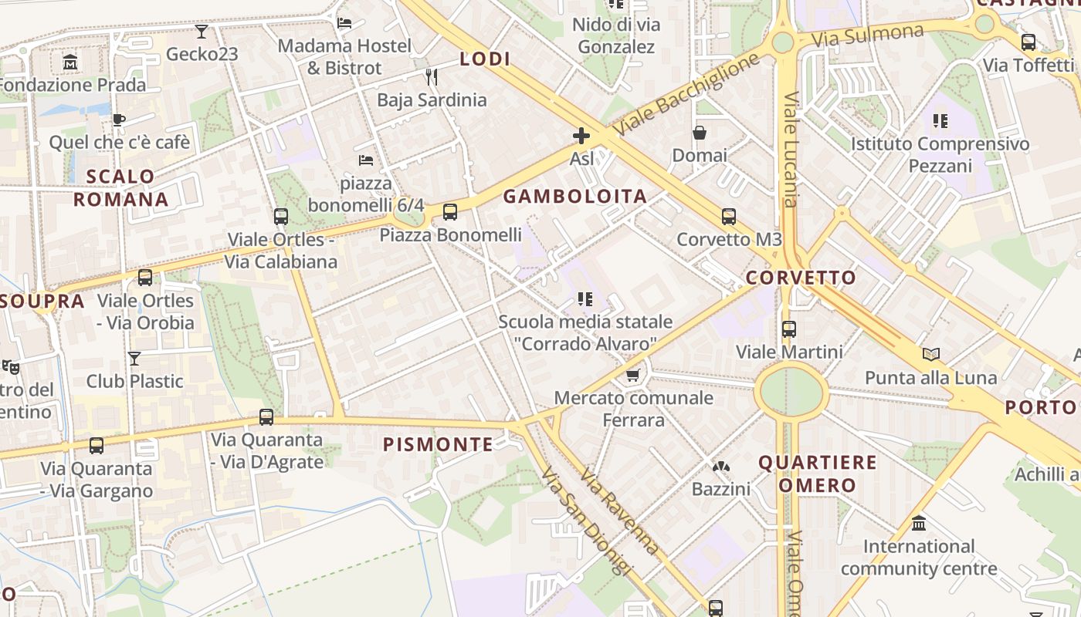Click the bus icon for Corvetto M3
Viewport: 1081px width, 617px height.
click(x=729, y=217)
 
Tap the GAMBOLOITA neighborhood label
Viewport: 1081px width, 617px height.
click(x=575, y=197)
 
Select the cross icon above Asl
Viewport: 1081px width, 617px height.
click(x=581, y=137)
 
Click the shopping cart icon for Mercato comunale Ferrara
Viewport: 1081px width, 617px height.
click(x=633, y=376)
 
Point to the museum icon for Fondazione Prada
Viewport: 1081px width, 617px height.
click(x=71, y=62)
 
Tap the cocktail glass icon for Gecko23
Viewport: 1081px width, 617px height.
click(x=202, y=32)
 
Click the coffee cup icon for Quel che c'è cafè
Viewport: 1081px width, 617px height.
click(x=118, y=120)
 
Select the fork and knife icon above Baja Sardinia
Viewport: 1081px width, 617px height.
click(x=432, y=77)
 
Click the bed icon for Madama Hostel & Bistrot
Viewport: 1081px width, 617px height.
click(x=344, y=23)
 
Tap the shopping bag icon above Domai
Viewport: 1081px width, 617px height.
click(x=700, y=133)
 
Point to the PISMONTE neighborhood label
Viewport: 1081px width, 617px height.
click(x=438, y=444)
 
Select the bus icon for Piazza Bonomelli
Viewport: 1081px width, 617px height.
click(x=450, y=212)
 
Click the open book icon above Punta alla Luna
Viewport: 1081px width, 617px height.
click(x=931, y=355)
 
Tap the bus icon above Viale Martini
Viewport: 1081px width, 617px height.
click(x=789, y=329)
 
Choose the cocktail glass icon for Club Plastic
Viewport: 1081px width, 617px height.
click(x=134, y=359)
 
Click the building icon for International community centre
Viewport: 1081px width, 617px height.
click(x=919, y=524)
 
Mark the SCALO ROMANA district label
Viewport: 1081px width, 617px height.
click(x=121, y=187)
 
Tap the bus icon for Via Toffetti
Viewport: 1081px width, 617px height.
click(x=1028, y=42)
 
